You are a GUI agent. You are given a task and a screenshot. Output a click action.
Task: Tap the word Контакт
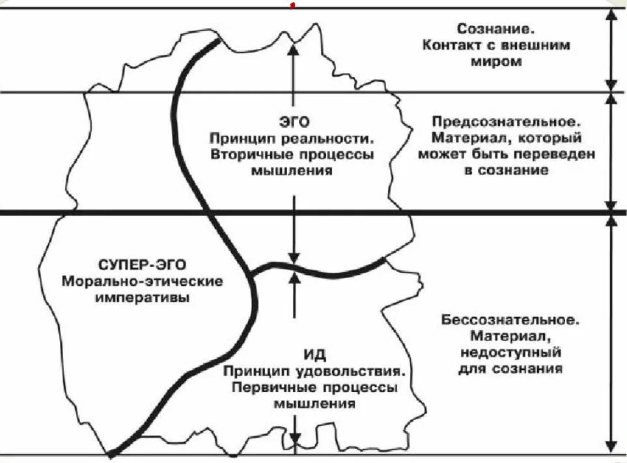(x=451, y=46)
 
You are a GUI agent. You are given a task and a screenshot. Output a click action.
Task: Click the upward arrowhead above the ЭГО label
(x=294, y=46)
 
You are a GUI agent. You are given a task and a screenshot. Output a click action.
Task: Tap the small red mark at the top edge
(x=293, y=6)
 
